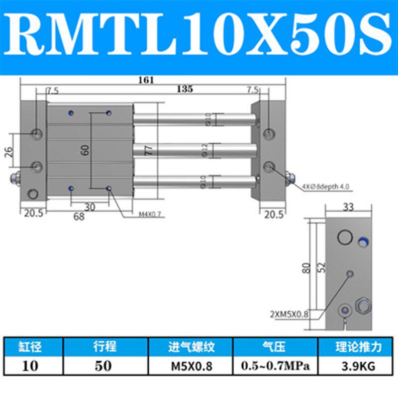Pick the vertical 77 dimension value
point(148,151)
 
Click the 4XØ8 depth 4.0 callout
point(325,188)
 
